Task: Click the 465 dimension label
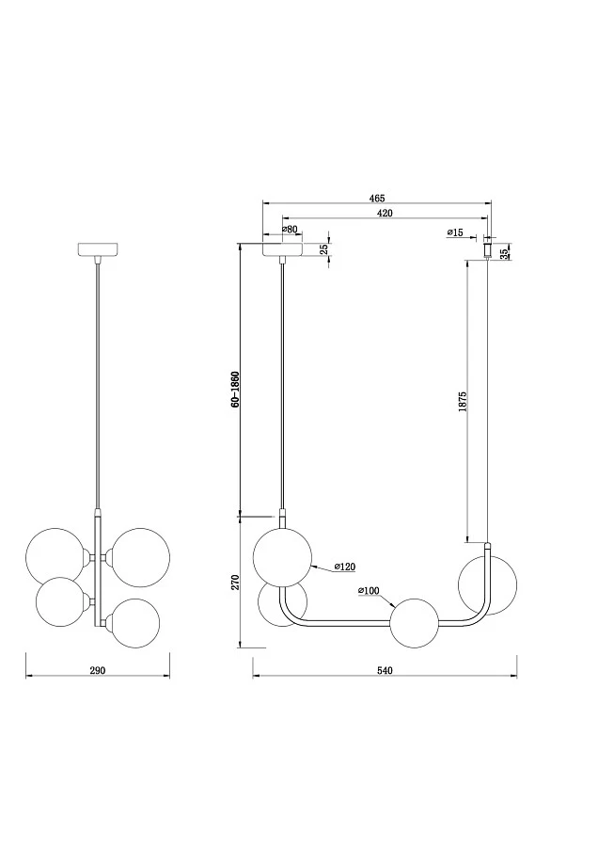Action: point(377,199)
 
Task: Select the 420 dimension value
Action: point(385,213)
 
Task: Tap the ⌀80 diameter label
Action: point(290,229)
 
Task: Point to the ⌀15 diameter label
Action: point(455,232)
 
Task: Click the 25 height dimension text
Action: point(323,249)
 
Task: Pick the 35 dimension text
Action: point(505,254)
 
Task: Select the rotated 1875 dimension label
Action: point(462,401)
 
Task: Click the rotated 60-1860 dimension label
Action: point(235,389)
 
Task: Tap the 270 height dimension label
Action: point(235,583)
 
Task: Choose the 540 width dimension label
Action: point(385,670)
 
